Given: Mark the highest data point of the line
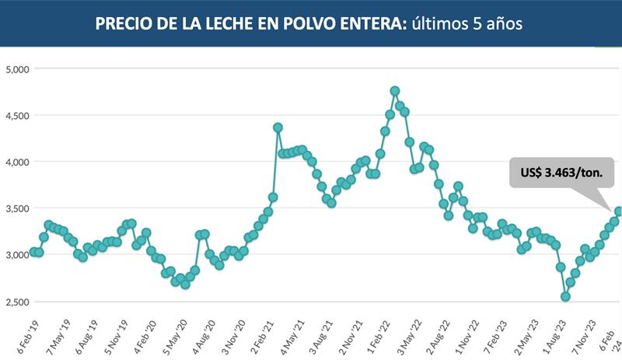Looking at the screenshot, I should (x=395, y=91).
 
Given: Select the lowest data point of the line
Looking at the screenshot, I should (x=565, y=296).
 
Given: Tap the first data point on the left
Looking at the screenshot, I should (x=34, y=252).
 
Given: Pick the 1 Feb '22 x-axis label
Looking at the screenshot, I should (x=382, y=335).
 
